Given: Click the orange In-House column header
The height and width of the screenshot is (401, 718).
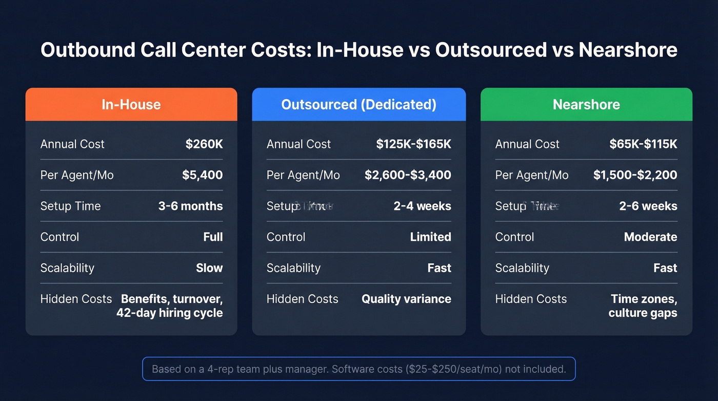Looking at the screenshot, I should coord(131,105).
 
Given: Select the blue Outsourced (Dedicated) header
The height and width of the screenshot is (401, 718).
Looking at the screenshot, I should coord(358,105).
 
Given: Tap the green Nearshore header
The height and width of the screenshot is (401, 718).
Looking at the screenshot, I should coord(586,105).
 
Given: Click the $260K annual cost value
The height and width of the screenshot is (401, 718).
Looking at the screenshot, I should coord(204,144).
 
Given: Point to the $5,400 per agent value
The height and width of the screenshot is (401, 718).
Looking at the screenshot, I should coord(203,175).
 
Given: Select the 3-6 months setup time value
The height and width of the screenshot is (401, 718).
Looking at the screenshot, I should coord(190,206).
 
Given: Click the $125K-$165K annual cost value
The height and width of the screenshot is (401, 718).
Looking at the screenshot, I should coord(413,144).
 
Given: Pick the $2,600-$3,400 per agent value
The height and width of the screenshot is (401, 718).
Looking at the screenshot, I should coord(408,175).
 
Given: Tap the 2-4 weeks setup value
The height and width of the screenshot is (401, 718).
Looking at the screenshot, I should coord(422,206).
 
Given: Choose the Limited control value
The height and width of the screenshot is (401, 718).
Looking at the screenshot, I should coord(430,237).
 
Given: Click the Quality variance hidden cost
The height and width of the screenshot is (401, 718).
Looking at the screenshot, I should coord(406,299).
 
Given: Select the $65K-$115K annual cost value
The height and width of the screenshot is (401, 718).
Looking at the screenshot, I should coord(643,144).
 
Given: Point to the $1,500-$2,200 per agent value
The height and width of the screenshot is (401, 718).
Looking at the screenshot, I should coord(635,175).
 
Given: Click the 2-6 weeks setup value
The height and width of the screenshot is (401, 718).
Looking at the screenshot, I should coord(648,206).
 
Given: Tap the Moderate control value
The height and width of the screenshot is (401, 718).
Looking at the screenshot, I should coord(650,237).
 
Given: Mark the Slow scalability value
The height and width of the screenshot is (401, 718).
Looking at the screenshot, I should coord(209,268).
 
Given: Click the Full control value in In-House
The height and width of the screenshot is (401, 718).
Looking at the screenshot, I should coord(213,237).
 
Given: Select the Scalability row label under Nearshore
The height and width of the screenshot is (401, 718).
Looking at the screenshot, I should coord(522,268).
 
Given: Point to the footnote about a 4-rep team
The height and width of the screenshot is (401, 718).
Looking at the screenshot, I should coord(359,369).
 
